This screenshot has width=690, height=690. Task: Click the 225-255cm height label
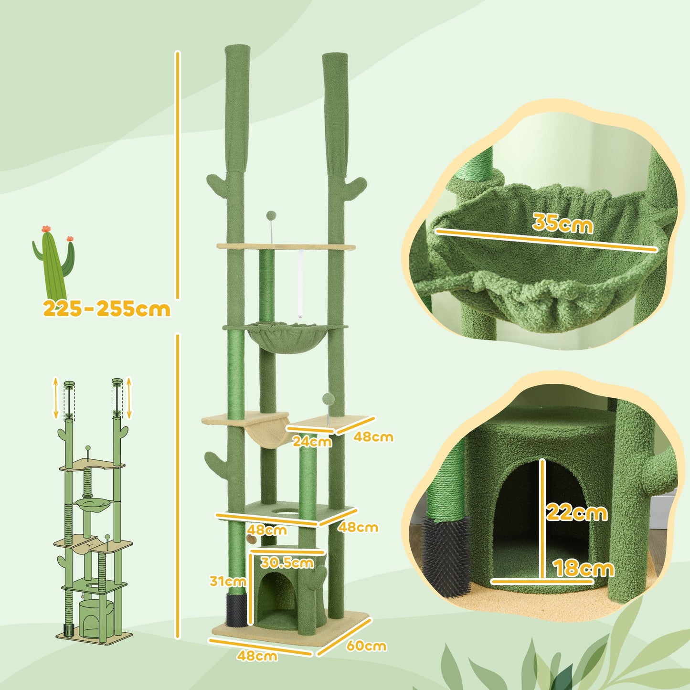coord(106,309)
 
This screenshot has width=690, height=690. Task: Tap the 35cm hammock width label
coord(563,223)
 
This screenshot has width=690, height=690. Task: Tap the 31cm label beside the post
coord(228,581)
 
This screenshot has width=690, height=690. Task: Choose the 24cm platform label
coord(312,441)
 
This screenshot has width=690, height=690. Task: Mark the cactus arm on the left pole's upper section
coord(217,182)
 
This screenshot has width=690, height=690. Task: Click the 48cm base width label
coord(257,656)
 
